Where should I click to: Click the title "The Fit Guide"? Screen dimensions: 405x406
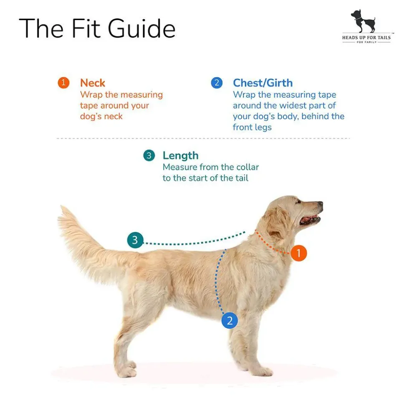coord(97,28)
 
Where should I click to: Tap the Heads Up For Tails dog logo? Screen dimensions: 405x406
coord(366,26)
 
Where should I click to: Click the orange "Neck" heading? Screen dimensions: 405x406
coord(93,83)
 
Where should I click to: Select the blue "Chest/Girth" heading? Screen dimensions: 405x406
coord(263,83)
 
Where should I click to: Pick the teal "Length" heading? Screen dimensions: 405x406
coord(180,156)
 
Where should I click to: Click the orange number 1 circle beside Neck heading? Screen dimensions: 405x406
coord(63,83)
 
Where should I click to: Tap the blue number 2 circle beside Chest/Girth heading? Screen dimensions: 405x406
coord(217,83)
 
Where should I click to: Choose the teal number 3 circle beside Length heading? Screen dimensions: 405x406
coord(149,156)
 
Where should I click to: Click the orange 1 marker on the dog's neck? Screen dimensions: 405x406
coord(299,253)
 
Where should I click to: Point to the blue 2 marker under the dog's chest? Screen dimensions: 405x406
coord(230,321)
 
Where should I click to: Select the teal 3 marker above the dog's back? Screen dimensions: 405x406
coord(135,240)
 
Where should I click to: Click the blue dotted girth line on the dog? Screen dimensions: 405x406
coord(217,282)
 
